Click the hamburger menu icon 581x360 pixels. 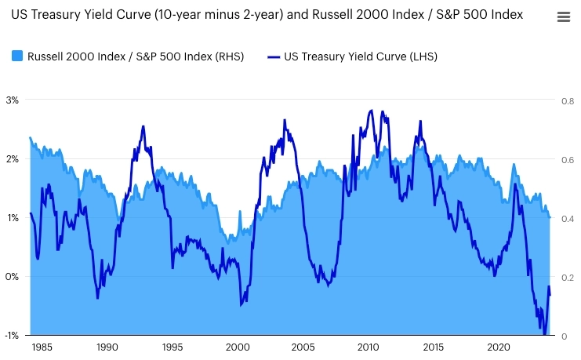click(563, 17)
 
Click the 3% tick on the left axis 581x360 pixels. click(13, 100)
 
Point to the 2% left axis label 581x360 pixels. click(13, 158)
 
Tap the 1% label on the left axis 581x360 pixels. click(13, 217)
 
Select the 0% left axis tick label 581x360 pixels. click(13, 276)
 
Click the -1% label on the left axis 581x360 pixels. click(12, 336)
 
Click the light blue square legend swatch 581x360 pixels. click(17, 56)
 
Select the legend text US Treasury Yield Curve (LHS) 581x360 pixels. click(361, 56)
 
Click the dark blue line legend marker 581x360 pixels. click(273, 56)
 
